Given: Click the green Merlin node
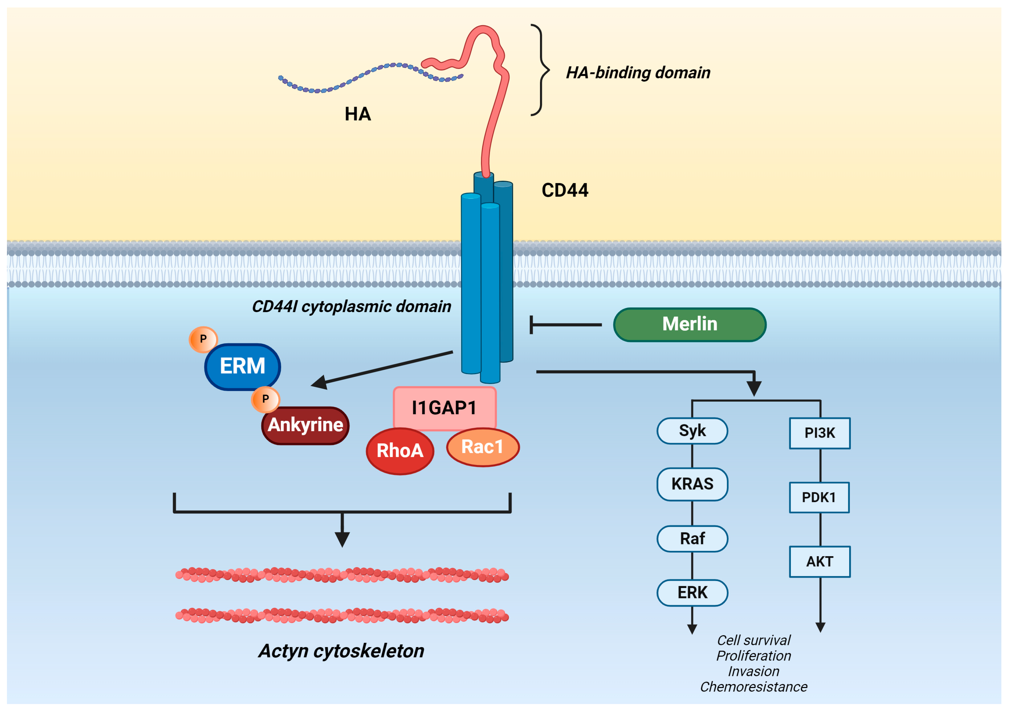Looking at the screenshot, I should click(x=690, y=324).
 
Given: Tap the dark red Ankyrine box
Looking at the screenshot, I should click(x=305, y=425).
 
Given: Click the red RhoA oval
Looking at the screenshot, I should click(x=400, y=451).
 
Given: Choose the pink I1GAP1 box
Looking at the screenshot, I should click(x=444, y=408).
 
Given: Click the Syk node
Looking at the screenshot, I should click(x=692, y=431).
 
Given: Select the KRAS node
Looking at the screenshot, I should click(x=692, y=484).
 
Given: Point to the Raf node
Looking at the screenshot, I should click(x=692, y=539).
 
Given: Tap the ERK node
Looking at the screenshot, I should click(x=692, y=593).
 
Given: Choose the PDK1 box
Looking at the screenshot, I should click(x=819, y=497).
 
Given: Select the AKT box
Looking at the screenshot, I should click(x=819, y=562).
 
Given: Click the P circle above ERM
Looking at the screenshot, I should click(x=203, y=339).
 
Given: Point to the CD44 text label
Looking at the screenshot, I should click(x=565, y=190).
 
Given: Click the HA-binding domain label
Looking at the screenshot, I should click(x=638, y=73).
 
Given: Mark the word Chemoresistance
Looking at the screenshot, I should click(x=753, y=687).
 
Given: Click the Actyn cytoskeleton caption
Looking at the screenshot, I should click(x=341, y=651).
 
